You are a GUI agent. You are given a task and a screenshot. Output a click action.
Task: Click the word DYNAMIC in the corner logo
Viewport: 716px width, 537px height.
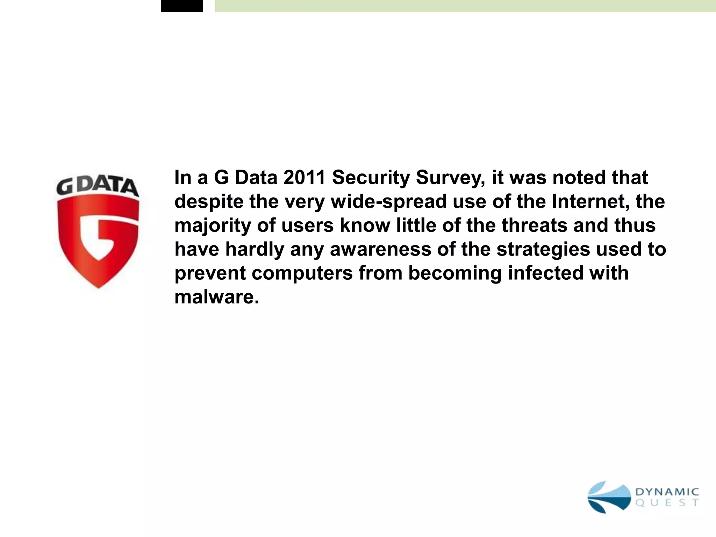[x=667, y=492]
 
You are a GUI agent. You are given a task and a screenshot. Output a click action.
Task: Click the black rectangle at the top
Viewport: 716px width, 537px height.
[x=182, y=6]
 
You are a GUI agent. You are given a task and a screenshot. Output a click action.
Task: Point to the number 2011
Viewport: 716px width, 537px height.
[x=305, y=178]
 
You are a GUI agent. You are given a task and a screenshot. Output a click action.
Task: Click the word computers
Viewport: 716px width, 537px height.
[x=302, y=273]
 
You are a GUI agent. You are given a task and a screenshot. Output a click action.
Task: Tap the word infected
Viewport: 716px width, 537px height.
[x=546, y=273]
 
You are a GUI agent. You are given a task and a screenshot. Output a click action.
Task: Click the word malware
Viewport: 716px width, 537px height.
[x=217, y=297]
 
